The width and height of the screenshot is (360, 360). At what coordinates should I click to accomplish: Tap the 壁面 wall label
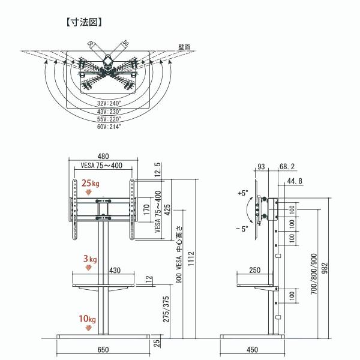[x=184, y=47]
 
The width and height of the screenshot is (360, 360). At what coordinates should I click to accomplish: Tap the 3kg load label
[x=89, y=259]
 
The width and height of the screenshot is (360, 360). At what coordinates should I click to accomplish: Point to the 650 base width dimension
[x=103, y=349]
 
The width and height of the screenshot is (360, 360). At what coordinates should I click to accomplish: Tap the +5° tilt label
[x=242, y=194]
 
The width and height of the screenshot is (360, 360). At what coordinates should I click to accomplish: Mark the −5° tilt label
[x=242, y=229]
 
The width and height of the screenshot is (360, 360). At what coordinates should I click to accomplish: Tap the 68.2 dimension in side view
[x=287, y=166]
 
